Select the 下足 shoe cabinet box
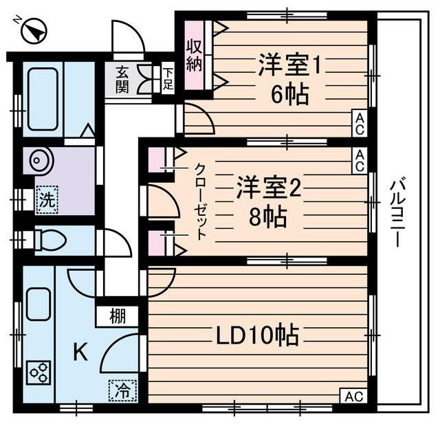(168, 79)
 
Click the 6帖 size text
(289, 94)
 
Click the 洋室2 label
(269, 189)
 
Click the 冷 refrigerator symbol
(122, 390)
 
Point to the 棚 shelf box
(117, 317)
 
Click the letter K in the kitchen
(80, 353)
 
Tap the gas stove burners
(39, 373)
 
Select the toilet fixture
(49, 240)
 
